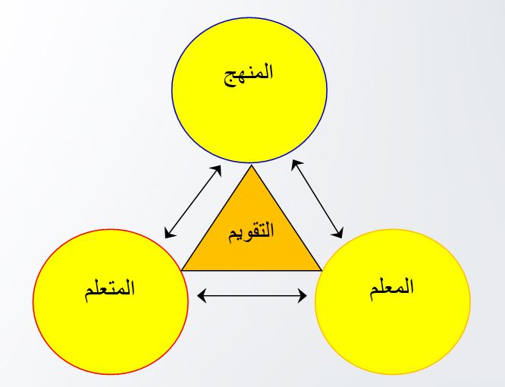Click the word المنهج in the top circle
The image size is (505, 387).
tap(248, 74)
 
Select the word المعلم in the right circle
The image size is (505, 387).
tap(391, 288)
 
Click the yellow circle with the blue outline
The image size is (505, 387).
tap(249, 90)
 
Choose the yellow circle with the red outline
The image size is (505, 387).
tap(111, 301)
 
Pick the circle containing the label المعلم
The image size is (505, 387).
tap(393, 301)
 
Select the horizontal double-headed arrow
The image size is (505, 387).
tap(252, 295)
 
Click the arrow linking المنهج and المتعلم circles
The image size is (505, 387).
tap(193, 202)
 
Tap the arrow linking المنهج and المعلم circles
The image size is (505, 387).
tap(317, 199)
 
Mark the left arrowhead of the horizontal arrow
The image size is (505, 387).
tap(201, 295)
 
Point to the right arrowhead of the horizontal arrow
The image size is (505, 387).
tap(302, 295)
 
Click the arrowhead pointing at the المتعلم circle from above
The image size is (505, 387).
tap(169, 233)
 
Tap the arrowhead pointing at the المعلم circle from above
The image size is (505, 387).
tap(338, 233)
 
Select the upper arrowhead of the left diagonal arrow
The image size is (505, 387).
tap(217, 171)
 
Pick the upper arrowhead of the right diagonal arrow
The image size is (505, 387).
tap(296, 165)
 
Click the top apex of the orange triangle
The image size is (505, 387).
tap(252, 165)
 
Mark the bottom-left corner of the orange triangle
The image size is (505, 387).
tap(182, 271)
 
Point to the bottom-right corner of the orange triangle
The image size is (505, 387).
tap(322, 271)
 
